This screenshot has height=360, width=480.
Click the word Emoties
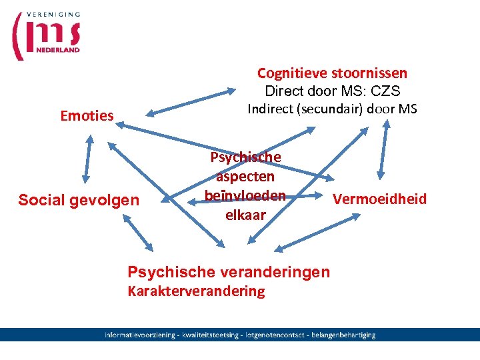87,116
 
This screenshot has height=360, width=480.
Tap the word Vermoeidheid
379,199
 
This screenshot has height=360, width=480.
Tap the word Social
42,200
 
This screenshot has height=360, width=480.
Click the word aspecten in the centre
245,177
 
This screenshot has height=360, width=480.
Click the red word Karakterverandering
195,291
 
